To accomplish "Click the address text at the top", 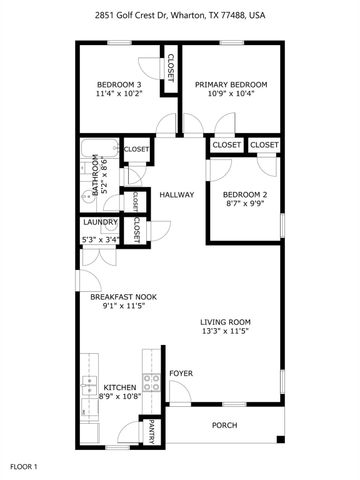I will pyautogui.click(x=180, y=16).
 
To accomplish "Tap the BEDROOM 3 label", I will pyautogui.click(x=118, y=84).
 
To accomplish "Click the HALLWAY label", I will pyautogui.click(x=176, y=195).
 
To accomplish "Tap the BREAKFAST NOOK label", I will pyautogui.click(x=123, y=297).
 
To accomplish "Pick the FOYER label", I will pyautogui.click(x=180, y=373).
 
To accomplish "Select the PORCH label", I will pyautogui.click(x=225, y=425).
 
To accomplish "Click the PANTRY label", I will pyautogui.click(x=150, y=432).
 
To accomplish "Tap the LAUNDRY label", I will pyautogui.click(x=100, y=222).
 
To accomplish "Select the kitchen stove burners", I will pyautogui.click(x=152, y=381).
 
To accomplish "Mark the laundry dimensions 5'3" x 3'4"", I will pyautogui.click(x=100, y=239).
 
